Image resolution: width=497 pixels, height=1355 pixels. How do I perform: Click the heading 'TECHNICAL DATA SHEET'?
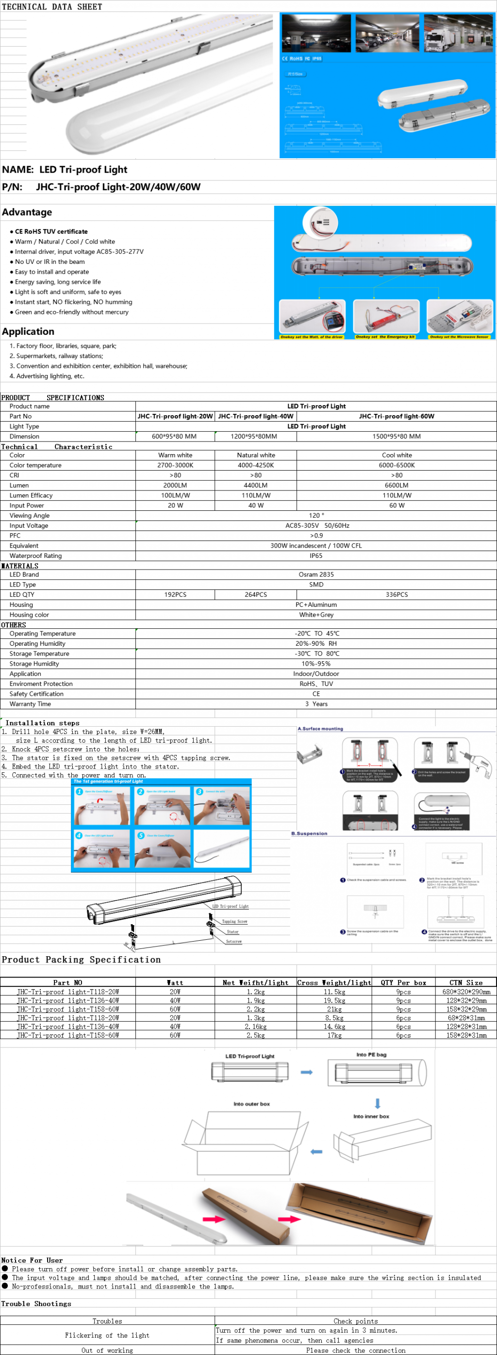(52, 7)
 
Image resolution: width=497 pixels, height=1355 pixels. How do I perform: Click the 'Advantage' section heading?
(27, 212)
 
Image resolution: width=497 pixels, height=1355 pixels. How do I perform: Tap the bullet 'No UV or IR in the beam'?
(50, 261)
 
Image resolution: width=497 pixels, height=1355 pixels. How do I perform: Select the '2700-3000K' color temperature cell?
(175, 465)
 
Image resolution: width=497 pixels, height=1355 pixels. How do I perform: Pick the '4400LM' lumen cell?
(255, 485)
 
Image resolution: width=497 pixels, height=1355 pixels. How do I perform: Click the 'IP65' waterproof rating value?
(316, 555)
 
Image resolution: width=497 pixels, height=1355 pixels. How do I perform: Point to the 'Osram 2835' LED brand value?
(316, 574)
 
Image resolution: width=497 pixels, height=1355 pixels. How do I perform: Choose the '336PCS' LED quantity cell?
(397, 594)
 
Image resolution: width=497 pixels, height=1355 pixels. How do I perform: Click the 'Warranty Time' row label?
(30, 704)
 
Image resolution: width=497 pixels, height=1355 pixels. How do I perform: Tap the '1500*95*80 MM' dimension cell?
(397, 436)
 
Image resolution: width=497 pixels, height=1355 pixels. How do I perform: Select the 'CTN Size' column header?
(466, 982)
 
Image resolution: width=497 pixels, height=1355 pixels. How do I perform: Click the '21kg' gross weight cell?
(334, 1009)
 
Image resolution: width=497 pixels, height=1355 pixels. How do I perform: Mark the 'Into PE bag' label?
(371, 1054)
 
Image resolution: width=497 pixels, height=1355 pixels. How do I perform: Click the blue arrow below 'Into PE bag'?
(378, 1103)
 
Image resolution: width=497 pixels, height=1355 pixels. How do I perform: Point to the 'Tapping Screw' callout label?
(234, 921)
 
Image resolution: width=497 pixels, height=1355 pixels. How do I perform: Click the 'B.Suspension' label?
(309, 833)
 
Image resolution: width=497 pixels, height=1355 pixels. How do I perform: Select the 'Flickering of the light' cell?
(107, 1335)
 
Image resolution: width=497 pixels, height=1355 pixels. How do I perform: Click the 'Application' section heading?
(28, 331)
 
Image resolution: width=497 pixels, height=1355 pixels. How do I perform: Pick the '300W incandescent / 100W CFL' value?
(316, 545)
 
